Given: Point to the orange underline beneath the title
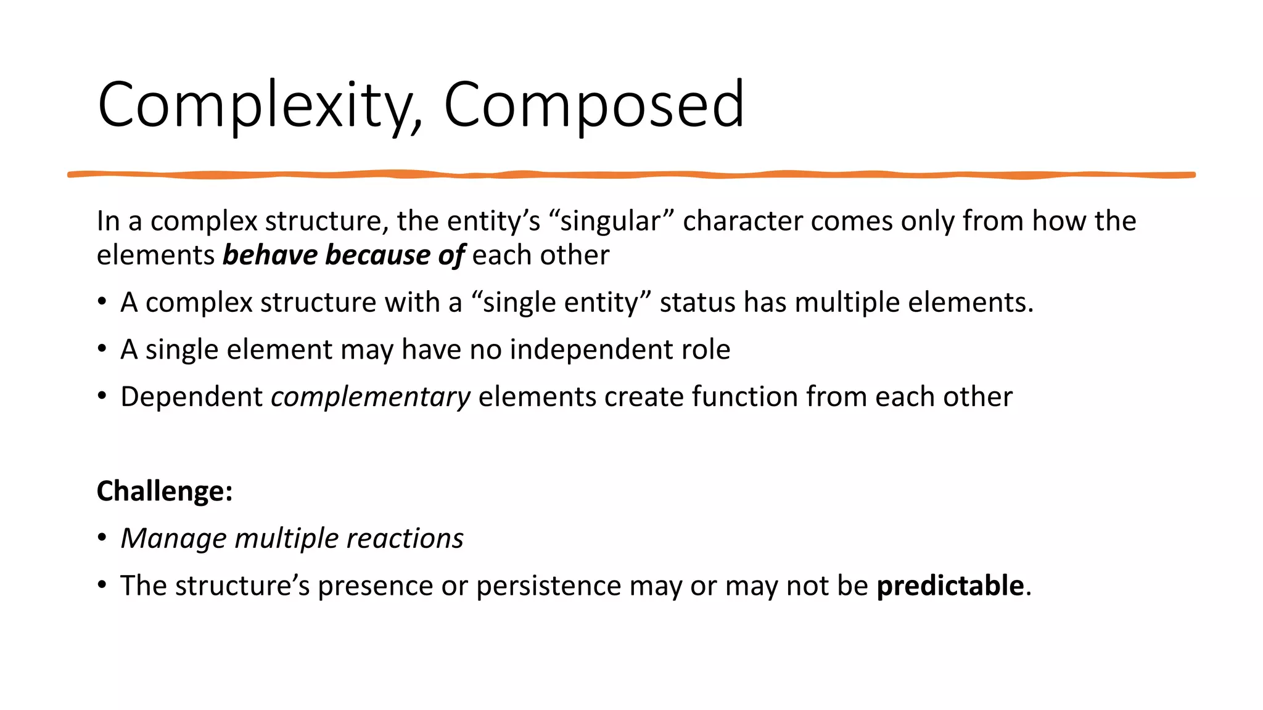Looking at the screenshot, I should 631,175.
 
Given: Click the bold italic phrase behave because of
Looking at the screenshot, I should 344,255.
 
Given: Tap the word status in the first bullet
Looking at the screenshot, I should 697,303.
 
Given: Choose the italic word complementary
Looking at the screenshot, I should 371,397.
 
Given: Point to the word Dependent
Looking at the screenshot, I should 191,397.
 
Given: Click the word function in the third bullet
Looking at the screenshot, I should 744,397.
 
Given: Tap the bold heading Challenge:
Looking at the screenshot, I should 165,491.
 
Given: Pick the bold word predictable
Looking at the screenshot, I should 950,586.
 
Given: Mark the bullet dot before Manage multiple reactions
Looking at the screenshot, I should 102,537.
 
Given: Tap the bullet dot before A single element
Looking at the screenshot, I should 102,349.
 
